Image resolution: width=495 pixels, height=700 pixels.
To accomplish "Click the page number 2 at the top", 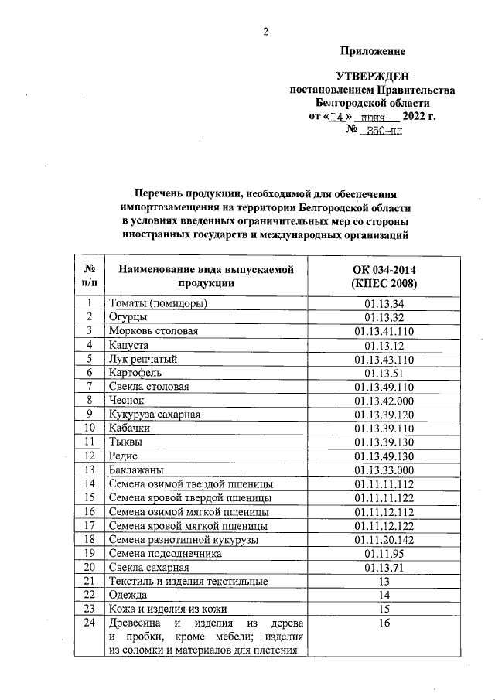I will [265, 32].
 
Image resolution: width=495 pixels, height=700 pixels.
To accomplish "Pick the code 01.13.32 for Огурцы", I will [384, 317].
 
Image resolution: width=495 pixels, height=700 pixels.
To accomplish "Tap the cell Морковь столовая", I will [154, 331].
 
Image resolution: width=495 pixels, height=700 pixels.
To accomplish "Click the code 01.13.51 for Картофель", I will [384, 373].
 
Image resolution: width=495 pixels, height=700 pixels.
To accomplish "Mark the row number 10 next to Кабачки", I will [90, 428].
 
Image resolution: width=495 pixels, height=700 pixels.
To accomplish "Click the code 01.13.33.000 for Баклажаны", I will [384, 470].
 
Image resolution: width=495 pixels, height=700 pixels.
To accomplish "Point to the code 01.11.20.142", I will [384, 539].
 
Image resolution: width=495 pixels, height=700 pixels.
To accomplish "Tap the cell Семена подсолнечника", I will [166, 553].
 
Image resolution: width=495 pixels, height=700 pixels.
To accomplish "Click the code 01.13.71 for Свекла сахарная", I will [384, 567].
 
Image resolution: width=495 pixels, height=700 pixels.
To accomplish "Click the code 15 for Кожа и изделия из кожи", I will [384, 609].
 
